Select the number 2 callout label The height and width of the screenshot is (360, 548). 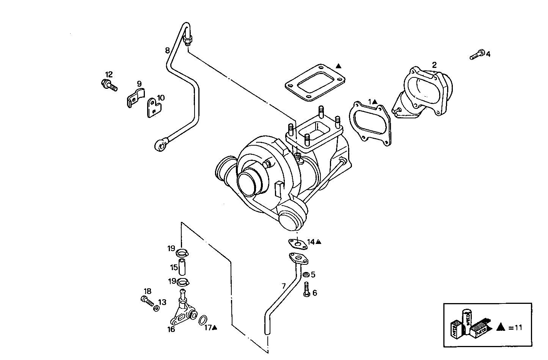(434, 64)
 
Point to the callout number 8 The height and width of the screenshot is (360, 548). (167, 50)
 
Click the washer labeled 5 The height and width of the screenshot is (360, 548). (305, 274)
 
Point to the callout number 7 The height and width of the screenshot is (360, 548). (283, 286)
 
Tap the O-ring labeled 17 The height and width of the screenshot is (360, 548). (203, 320)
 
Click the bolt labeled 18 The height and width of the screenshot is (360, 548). (147, 301)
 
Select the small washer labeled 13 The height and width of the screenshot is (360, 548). (156, 308)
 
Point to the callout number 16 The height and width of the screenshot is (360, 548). (171, 329)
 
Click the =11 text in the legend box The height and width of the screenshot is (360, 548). (515, 328)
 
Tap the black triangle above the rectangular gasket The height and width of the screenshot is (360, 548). (338, 66)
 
